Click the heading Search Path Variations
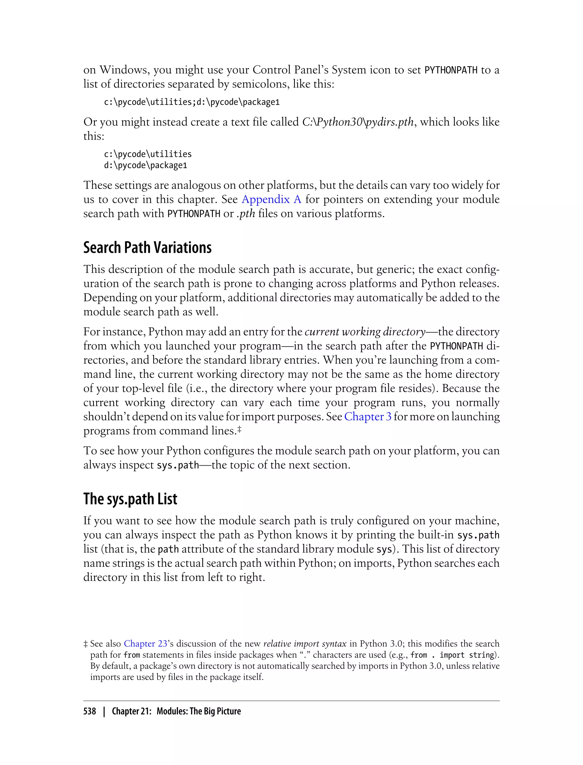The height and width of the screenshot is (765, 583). pyautogui.click(x=147, y=248)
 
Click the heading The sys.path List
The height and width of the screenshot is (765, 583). pyautogui.click(x=130, y=499)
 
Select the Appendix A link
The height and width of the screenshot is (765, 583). pyautogui.click(x=271, y=199)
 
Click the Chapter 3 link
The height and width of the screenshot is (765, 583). pyautogui.click(x=368, y=416)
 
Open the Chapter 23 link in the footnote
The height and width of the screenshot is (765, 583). pyautogui.click(x=145, y=643)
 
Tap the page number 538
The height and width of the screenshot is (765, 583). pyautogui.click(x=90, y=711)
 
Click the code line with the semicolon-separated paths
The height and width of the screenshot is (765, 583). pyautogui.click(x=192, y=102)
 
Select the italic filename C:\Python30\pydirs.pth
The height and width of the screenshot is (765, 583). pyautogui.click(x=358, y=122)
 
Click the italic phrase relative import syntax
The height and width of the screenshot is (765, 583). pyautogui.click(x=305, y=643)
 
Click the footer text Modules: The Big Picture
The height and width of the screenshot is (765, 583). pyautogui.click(x=198, y=711)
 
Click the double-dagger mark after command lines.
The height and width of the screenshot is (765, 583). pyautogui.click(x=239, y=430)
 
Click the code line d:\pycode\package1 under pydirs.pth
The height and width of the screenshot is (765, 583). pyautogui.click(x=145, y=165)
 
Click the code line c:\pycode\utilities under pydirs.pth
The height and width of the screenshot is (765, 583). pyautogui.click(x=147, y=154)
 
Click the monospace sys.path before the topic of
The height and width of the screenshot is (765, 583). pyautogui.click(x=178, y=465)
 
